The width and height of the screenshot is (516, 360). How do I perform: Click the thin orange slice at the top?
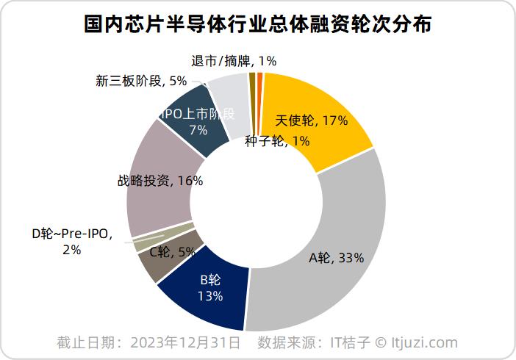click(259, 98)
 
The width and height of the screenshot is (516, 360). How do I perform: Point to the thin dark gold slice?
click(253, 98)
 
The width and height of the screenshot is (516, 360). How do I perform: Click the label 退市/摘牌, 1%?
click(234, 61)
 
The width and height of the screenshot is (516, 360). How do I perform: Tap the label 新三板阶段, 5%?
click(141, 81)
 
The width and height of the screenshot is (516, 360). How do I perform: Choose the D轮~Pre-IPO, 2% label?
click(72, 242)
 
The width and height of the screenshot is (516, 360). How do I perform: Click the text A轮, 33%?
click(337, 258)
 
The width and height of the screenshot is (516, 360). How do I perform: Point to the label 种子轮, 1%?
click(277, 141)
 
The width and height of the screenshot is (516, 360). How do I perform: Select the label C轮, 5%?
click(172, 252)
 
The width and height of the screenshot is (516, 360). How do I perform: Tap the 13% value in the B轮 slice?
click(210, 296)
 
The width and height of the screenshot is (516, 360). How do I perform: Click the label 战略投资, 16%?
click(160, 181)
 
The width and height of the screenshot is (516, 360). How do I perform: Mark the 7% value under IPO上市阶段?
click(198, 130)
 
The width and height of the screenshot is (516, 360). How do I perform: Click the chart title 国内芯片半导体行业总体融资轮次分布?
click(258, 24)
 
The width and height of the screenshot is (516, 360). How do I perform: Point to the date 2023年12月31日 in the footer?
click(185, 342)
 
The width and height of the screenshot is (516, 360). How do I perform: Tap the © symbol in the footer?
click(381, 342)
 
